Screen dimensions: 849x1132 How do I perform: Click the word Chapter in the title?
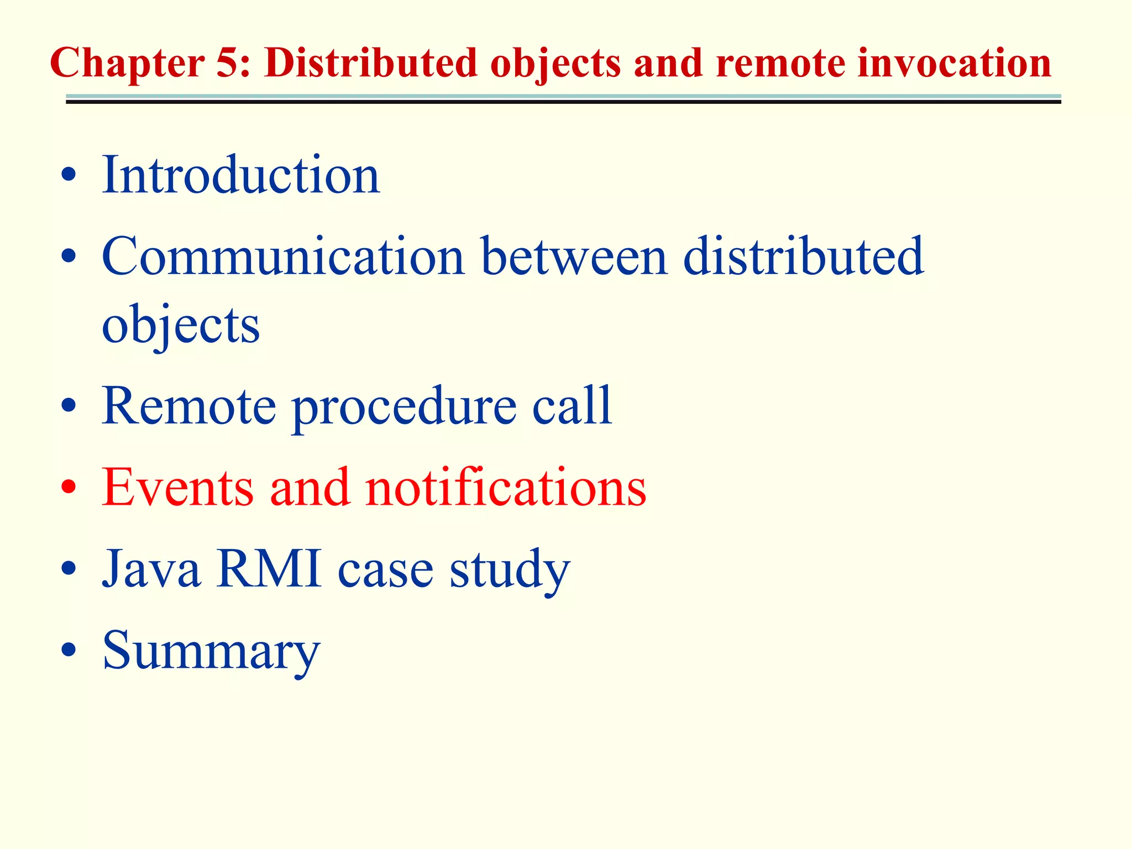127,64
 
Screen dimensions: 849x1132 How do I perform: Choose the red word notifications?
505,487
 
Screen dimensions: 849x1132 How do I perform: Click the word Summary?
211,651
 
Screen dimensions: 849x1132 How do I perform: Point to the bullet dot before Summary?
69,650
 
